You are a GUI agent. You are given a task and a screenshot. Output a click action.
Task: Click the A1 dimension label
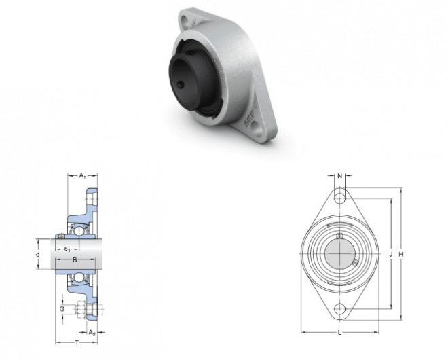click(x=82, y=175)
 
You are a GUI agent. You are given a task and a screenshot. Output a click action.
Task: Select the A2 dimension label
click(x=92, y=333)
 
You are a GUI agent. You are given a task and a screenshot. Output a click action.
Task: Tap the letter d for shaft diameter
click(x=38, y=254)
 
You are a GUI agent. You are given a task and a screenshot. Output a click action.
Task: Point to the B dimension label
click(x=75, y=259)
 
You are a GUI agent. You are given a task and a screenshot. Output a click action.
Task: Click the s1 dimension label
click(x=67, y=249)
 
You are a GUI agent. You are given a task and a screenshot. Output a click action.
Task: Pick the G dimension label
click(x=62, y=309)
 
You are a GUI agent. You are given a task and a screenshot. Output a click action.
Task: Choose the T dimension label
click(x=77, y=342)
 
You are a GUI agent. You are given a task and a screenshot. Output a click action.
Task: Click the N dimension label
click(x=339, y=176)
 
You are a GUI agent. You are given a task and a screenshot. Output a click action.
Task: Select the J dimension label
click(x=391, y=254)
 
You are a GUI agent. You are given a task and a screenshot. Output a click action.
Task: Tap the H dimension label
click(x=401, y=254)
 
